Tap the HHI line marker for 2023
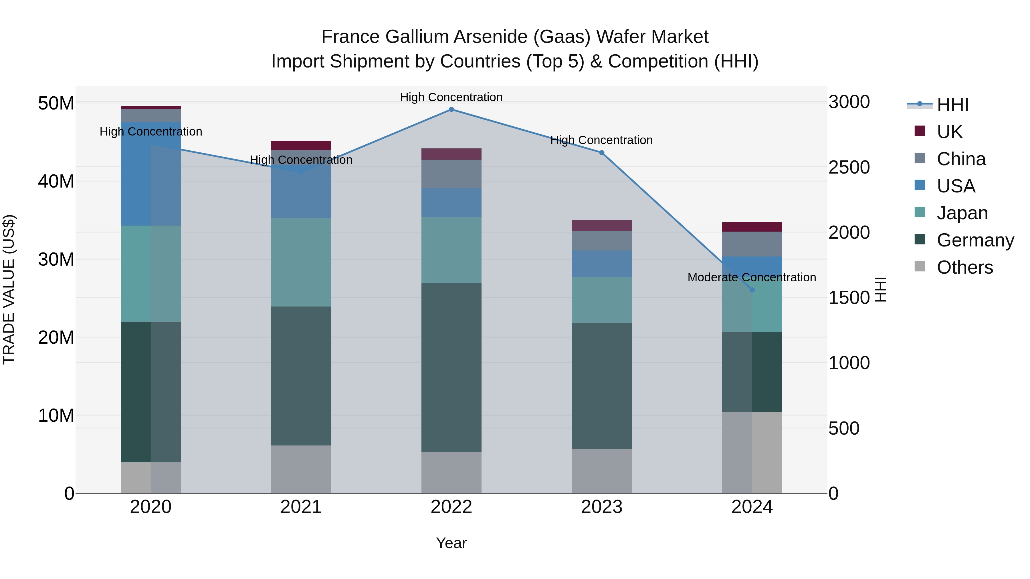[x=601, y=153]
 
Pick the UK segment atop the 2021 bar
[x=301, y=146]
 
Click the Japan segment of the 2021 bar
[x=301, y=262]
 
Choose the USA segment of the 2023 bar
[x=601, y=264]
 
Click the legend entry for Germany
[x=975, y=240]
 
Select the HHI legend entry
[x=952, y=105]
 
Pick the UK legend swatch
[x=920, y=131]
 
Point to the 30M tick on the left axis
[x=56, y=260]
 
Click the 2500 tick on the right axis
[x=849, y=168]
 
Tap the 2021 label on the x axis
[x=301, y=507]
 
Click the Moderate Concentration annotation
[x=751, y=277]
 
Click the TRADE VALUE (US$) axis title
[x=9, y=289]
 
